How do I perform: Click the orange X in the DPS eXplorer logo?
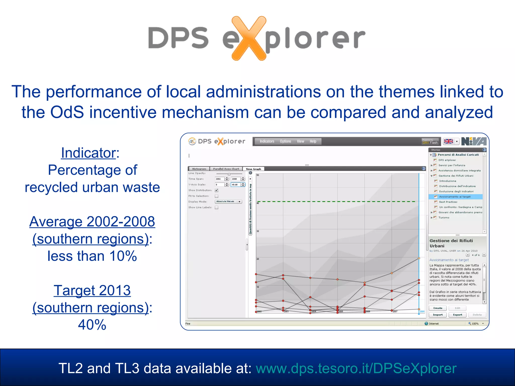tap(248, 38)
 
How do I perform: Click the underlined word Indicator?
tap(88, 153)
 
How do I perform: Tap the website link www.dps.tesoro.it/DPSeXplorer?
tap(356, 368)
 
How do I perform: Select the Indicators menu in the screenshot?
tap(267, 141)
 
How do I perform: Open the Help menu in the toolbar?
tap(313, 141)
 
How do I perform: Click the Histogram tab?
tap(199, 169)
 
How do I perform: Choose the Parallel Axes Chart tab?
tap(226, 169)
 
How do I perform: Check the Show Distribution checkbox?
tap(217, 190)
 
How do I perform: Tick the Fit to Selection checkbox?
tap(217, 196)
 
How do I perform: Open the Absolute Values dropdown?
tap(228, 202)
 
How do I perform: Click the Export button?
tap(457, 315)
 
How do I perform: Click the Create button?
tap(438, 308)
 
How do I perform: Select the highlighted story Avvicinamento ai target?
tap(455, 197)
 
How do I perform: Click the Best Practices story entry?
tap(448, 202)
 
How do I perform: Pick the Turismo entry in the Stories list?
tap(444, 218)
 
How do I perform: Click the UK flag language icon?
tap(448, 141)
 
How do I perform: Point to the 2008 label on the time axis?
tap(422, 312)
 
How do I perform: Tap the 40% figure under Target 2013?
tap(92, 325)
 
